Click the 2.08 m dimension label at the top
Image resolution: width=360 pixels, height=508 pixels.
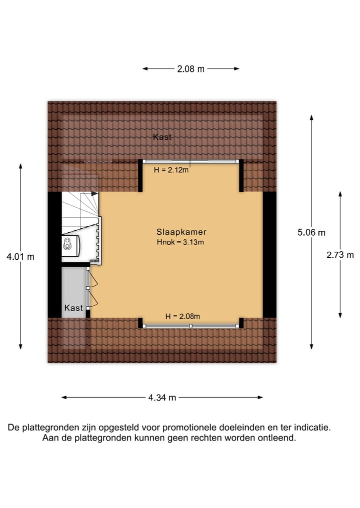(x=191, y=69)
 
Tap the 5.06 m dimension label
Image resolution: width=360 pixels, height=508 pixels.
(x=311, y=232)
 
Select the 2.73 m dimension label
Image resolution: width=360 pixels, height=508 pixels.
(x=340, y=255)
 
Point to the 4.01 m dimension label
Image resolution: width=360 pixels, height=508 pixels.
(x=20, y=257)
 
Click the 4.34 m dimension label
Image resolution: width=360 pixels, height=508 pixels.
(x=162, y=398)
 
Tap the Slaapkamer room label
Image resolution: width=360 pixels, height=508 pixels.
(x=181, y=232)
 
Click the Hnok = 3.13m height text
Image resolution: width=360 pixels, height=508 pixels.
(x=181, y=242)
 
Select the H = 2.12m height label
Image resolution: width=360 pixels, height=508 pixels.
(x=171, y=170)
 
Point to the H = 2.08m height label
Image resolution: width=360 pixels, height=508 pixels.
(x=183, y=316)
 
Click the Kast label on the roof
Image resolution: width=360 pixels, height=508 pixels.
(x=162, y=137)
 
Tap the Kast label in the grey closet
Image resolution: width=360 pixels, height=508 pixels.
(x=73, y=308)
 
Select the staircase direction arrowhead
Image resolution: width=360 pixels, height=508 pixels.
(x=95, y=193)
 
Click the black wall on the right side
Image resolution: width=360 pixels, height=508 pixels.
(x=269, y=255)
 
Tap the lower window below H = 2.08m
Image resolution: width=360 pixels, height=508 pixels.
(x=190, y=326)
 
